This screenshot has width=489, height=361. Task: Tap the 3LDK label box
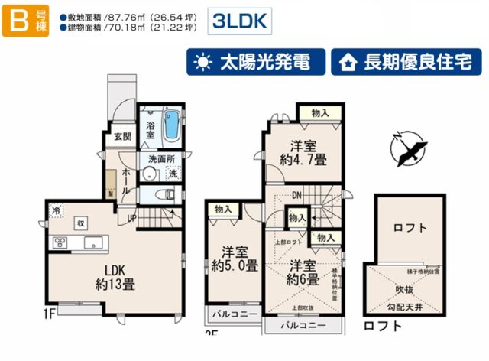click(x=241, y=21)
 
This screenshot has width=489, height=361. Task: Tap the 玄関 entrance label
click(x=122, y=137)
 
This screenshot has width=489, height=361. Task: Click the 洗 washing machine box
click(x=173, y=174)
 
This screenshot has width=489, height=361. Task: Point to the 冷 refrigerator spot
click(x=56, y=209)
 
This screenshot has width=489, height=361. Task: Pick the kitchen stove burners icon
click(x=60, y=243)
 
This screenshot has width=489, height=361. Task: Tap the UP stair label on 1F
click(x=131, y=218)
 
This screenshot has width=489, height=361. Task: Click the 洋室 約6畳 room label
click(x=303, y=274)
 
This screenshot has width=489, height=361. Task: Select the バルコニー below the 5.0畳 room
click(x=231, y=315)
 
